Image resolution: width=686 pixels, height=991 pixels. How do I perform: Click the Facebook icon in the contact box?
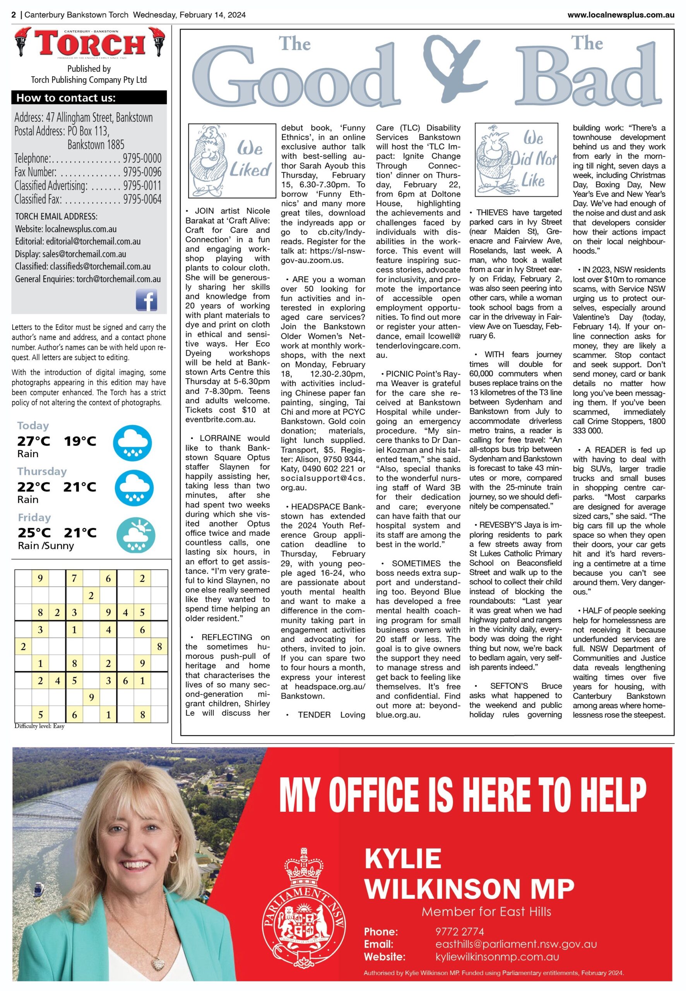click(x=147, y=300)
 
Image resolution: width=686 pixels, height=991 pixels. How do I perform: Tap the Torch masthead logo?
click(x=89, y=44)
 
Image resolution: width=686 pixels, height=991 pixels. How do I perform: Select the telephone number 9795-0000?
click(x=142, y=158)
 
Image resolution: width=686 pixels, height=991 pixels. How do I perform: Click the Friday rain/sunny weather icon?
click(x=136, y=535)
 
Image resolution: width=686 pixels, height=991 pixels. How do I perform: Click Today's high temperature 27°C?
click(x=34, y=441)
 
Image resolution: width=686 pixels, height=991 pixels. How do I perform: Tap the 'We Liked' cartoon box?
click(x=232, y=160)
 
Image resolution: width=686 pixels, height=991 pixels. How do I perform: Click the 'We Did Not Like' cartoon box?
click(x=516, y=159)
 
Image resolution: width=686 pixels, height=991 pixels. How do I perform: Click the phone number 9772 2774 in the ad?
click(x=460, y=932)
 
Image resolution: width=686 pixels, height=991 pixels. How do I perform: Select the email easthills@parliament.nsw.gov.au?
click(x=516, y=944)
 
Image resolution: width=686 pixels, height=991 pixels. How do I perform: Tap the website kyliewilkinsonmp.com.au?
click(x=497, y=957)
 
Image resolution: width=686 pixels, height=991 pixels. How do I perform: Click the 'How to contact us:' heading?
click(x=66, y=98)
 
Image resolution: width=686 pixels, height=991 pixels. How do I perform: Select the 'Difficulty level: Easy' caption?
click(x=39, y=726)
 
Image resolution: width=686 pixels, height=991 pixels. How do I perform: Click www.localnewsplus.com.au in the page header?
click(x=621, y=15)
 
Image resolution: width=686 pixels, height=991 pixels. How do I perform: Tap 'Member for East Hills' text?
click(x=486, y=912)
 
